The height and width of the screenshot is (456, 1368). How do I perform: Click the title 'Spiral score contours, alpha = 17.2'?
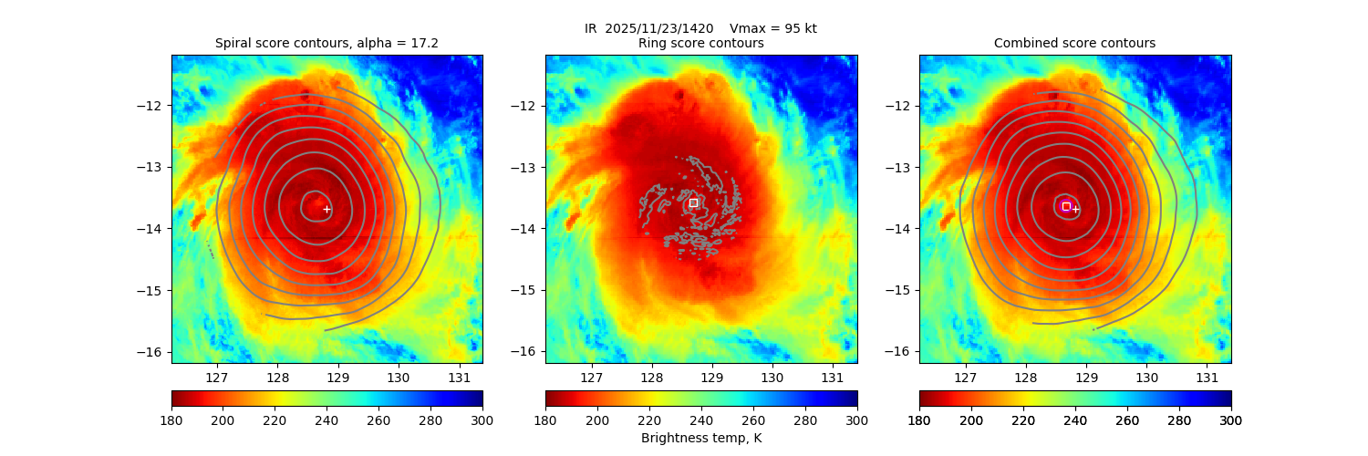326,43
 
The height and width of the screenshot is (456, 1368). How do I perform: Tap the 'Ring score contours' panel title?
700,43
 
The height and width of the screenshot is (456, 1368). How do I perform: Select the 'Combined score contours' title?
1074,43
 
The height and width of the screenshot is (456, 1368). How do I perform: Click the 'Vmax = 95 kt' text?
773,28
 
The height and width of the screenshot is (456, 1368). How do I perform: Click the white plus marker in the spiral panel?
326,209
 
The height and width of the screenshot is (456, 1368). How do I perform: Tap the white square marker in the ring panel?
693,202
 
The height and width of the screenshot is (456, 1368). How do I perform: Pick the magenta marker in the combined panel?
1065,206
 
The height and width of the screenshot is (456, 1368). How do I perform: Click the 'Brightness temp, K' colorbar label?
700,438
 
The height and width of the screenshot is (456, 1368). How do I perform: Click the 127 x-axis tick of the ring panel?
591,377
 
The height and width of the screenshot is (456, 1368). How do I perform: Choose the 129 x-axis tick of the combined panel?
1086,377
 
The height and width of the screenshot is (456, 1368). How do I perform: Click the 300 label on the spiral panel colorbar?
482,420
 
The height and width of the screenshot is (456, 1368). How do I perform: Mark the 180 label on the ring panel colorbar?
545,420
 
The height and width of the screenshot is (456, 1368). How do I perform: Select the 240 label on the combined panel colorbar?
1075,420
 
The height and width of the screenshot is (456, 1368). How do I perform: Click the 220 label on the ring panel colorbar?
649,420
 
